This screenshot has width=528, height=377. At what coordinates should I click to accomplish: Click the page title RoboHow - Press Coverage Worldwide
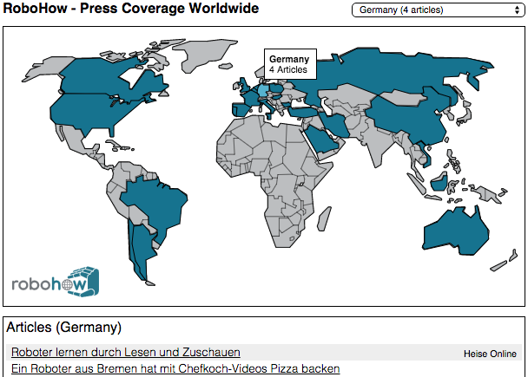click(131, 10)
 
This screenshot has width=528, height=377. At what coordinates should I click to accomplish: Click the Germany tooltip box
click(288, 63)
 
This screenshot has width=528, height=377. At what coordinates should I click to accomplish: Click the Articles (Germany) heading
click(63, 328)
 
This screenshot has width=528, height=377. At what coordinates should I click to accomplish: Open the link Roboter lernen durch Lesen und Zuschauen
click(126, 352)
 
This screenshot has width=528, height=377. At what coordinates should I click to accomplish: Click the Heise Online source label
click(490, 354)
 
